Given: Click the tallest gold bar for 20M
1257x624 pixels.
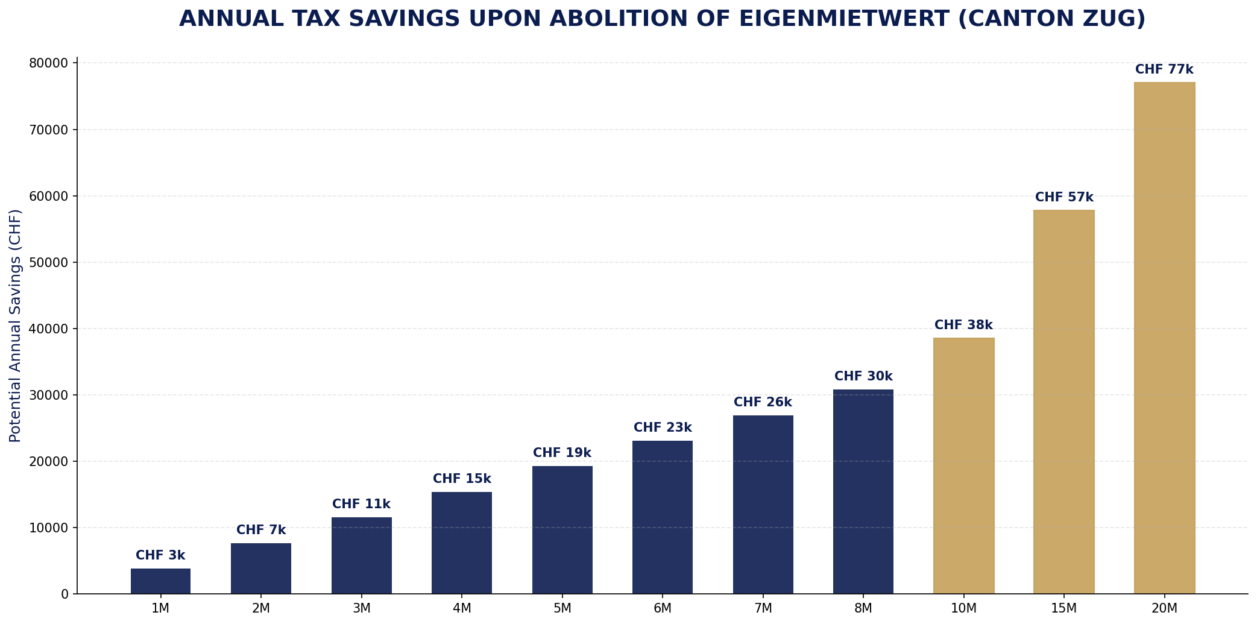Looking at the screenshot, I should point(1164,338).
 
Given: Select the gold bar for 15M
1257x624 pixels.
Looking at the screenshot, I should point(1063,402).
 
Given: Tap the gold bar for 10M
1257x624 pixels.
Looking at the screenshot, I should point(963,465).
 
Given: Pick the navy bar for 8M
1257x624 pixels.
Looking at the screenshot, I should point(863,491).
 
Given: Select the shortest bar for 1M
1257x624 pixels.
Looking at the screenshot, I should point(160,581).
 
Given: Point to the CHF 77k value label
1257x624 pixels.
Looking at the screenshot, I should point(1164,70).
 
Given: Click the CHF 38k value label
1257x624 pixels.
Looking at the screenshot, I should point(963,326).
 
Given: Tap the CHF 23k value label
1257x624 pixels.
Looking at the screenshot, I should point(663,428).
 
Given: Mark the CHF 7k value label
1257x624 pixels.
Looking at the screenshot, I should point(261,531).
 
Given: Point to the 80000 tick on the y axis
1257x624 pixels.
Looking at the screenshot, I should point(49,63).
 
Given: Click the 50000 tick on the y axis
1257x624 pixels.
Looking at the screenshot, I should point(49,262).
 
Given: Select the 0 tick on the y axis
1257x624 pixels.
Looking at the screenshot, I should point(65,594).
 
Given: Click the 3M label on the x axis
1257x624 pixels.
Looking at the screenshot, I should point(361,609).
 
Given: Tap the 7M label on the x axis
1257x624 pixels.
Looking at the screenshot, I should point(763,609).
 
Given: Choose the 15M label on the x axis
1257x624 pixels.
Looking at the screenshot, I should point(1063,609).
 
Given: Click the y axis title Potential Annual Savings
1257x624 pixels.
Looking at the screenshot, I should point(15,326).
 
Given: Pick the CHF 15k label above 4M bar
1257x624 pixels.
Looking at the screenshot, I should point(462,479).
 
